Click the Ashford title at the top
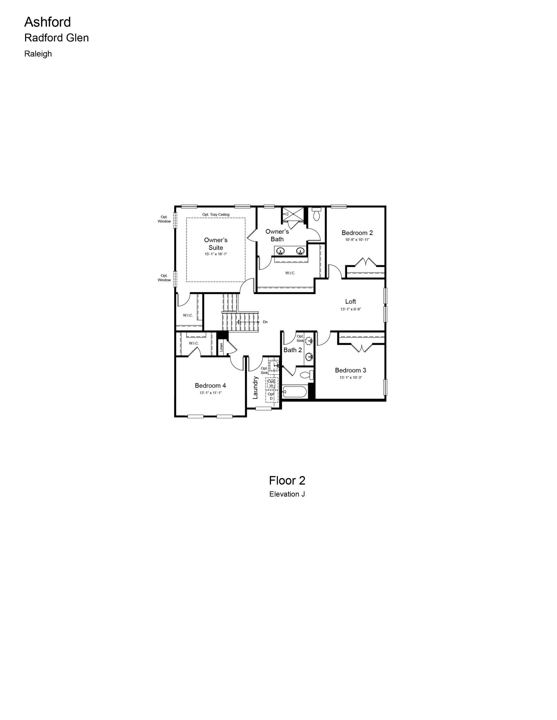click(x=47, y=22)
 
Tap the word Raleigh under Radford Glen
click(x=38, y=54)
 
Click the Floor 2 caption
click(x=287, y=480)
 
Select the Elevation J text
click(x=287, y=494)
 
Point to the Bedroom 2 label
click(x=357, y=233)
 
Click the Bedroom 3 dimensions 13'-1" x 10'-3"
click(x=351, y=378)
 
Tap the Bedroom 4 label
click(x=210, y=386)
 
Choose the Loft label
click(x=351, y=302)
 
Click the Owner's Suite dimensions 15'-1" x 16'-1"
click(x=216, y=254)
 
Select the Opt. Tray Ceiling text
click(x=216, y=215)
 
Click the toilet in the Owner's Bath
click(x=316, y=215)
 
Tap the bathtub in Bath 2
click(x=295, y=393)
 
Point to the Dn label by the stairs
click(x=265, y=322)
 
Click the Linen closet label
click(x=221, y=347)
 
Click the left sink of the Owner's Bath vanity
click(x=280, y=251)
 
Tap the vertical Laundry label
click(x=255, y=388)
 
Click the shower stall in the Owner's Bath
click(x=292, y=214)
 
